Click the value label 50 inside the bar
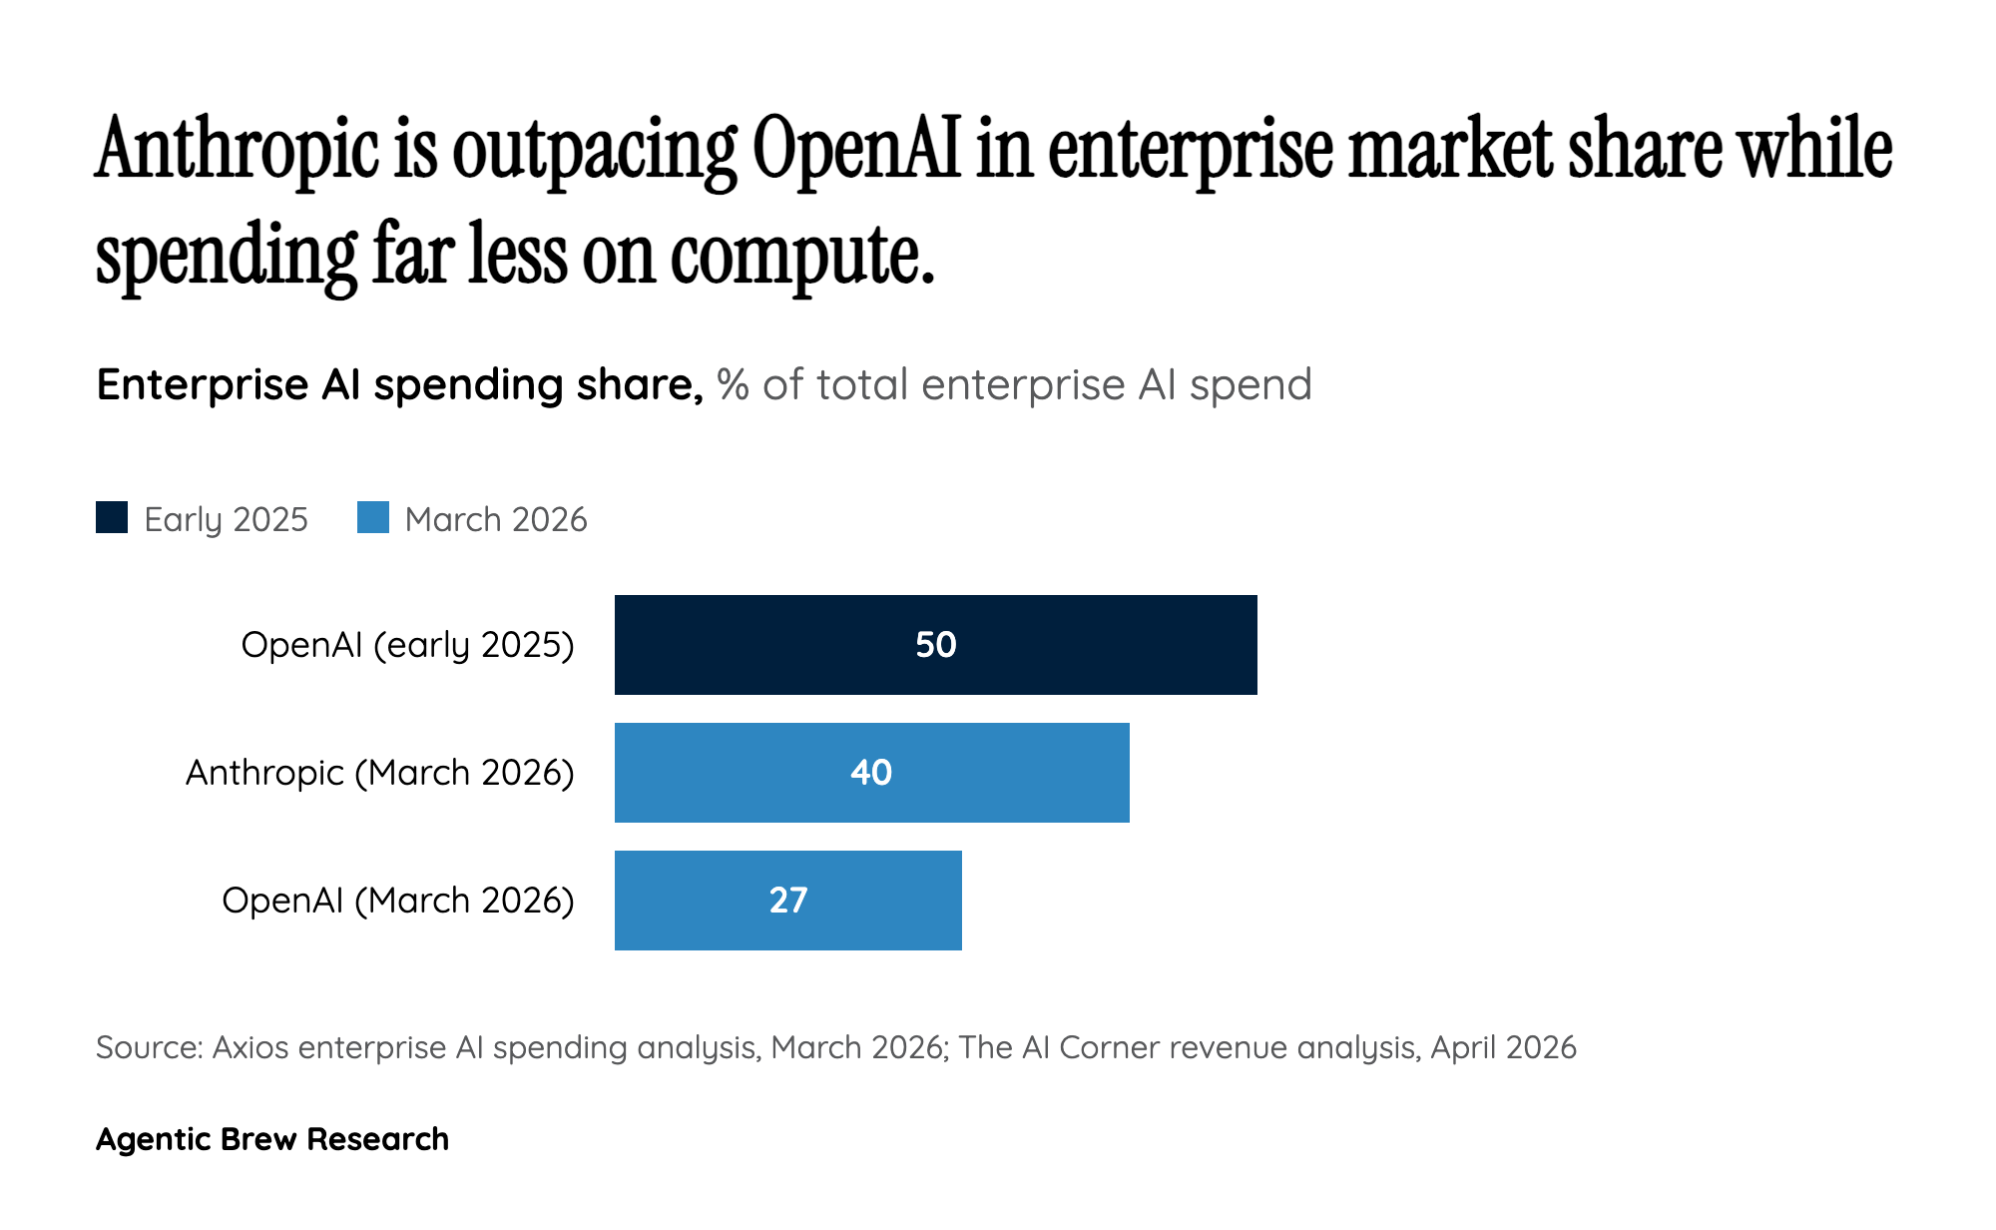click(936, 645)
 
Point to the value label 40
click(871, 773)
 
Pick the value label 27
click(788, 901)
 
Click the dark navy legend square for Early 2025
click(112, 517)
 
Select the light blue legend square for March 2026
click(373, 517)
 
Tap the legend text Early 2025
click(226, 519)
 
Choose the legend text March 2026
click(496, 519)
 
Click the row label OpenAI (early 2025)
click(407, 645)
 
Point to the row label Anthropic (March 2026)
click(379, 773)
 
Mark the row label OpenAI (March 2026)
click(397, 901)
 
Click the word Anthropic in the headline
click(238, 150)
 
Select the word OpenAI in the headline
click(855, 150)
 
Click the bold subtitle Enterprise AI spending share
click(399, 384)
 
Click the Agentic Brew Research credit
click(271, 1139)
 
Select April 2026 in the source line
click(1503, 1047)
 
